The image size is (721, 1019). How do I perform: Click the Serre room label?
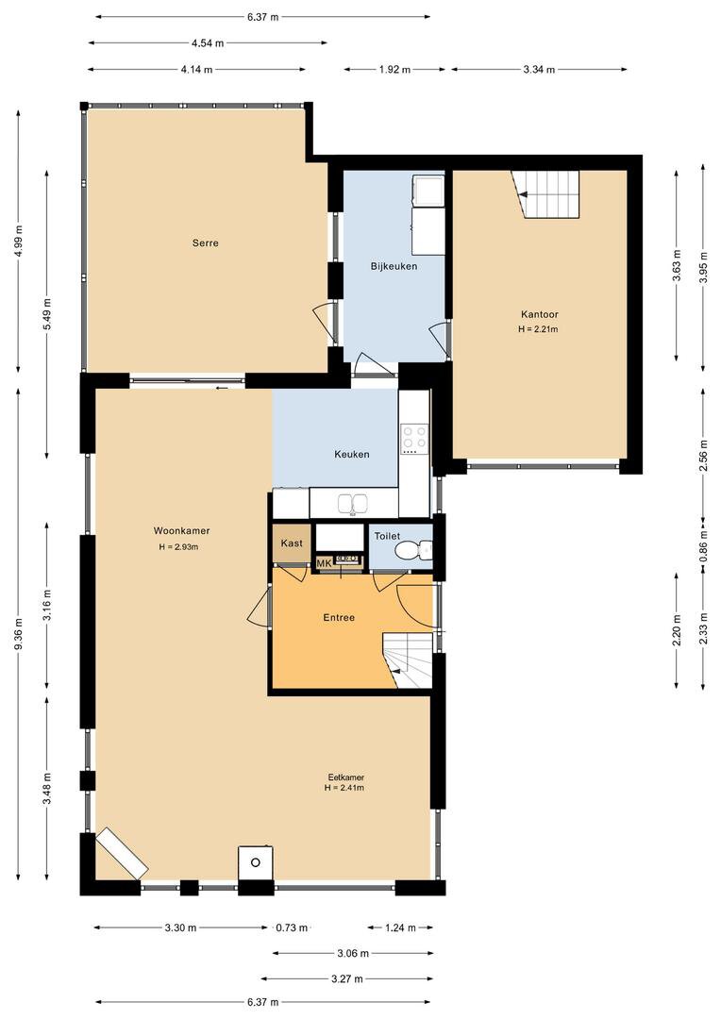(206, 243)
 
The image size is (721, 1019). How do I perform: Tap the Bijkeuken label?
(394, 266)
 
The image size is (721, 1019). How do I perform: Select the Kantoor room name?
(540, 314)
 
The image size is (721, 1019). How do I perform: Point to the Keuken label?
(352, 454)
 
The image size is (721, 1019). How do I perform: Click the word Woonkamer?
(181, 530)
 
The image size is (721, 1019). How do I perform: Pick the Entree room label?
(339, 617)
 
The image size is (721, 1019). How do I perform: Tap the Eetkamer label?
(345, 777)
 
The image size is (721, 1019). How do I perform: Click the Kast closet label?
(292, 543)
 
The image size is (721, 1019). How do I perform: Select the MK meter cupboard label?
(324, 562)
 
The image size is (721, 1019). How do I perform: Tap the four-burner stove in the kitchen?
(415, 438)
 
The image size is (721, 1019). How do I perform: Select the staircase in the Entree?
(408, 660)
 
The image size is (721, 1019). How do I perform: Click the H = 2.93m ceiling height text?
(178, 547)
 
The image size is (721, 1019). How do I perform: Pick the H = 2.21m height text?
(538, 329)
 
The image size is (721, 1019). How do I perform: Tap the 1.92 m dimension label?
(394, 70)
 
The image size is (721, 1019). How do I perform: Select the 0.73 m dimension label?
(292, 927)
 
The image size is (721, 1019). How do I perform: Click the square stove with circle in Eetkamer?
(256, 862)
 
